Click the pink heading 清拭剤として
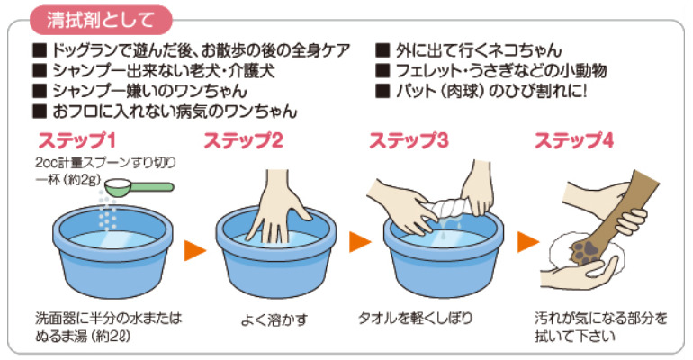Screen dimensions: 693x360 [x=101, y=21]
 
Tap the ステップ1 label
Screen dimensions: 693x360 [x=76, y=141]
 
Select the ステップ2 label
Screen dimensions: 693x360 [x=243, y=141]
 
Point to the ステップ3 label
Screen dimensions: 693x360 [x=409, y=141]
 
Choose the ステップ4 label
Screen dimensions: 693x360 [x=574, y=141]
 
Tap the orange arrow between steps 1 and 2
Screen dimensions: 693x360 [x=195, y=250]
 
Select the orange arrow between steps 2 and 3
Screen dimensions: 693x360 [x=360, y=241]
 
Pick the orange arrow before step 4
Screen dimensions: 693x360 [x=528, y=241]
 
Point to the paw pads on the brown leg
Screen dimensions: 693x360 [x=586, y=251]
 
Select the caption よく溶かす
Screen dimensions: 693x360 [x=274, y=319]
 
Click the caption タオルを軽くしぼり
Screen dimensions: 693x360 [x=415, y=318]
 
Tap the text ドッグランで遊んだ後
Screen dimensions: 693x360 [x=123, y=50]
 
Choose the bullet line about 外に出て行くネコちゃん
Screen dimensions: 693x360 [x=469, y=50]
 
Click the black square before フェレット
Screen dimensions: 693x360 [x=382, y=71]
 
